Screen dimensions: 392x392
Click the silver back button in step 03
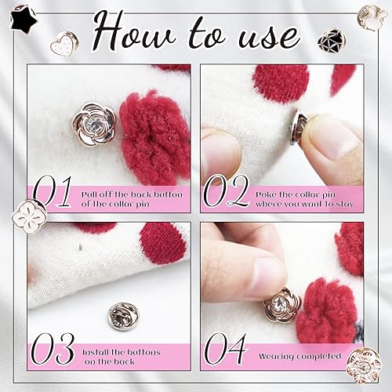pos(120,315)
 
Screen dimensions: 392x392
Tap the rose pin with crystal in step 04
pos(281,303)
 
